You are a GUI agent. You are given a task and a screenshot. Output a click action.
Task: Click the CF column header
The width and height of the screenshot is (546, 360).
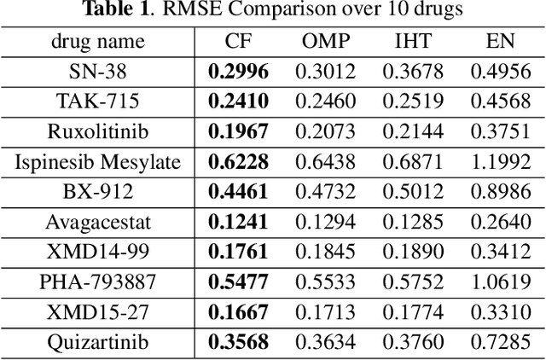pos(238,41)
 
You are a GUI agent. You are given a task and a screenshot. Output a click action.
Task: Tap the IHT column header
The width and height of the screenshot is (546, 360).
pos(412,41)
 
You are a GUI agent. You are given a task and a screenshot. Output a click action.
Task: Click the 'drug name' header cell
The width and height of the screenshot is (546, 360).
pos(98,41)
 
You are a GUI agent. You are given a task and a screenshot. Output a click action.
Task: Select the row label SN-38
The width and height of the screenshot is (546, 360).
pos(98,72)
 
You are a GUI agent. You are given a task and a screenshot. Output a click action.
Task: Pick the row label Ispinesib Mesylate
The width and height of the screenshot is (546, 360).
pos(98,162)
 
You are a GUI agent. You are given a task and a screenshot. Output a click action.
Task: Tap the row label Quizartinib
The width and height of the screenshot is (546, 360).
pos(98,343)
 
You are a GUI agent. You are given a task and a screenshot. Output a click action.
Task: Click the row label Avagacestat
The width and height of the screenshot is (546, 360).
pos(98,223)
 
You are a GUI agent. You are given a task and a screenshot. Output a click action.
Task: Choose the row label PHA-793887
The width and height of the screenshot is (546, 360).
pos(98,282)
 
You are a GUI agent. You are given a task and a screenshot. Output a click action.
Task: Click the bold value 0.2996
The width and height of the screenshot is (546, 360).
pos(238,72)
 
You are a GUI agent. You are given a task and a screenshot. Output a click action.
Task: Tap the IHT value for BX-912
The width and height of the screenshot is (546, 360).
pos(412,192)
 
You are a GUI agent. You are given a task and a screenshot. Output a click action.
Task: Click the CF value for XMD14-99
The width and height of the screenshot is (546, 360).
pos(238,253)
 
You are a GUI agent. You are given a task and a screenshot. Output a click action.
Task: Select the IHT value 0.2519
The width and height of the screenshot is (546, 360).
pos(412,102)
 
